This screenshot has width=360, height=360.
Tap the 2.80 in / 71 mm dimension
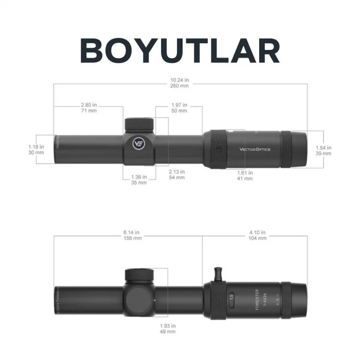coord(88,107)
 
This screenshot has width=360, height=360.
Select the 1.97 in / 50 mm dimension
coord(179,107)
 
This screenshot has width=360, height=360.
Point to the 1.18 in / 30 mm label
coord(36,150)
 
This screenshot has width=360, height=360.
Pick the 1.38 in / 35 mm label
coord(138,179)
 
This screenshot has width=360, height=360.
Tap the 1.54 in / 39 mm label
coord(323,150)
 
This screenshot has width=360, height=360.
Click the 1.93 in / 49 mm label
coord(168,329)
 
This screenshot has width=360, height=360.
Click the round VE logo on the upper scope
coord(138,143)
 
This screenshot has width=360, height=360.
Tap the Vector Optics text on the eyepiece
coord(255,150)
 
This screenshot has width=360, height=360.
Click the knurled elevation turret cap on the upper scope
coord(139,124)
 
